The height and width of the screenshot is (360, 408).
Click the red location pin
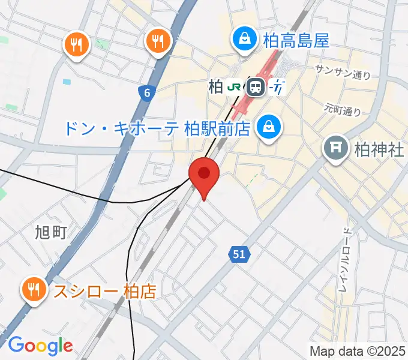pyautogui.click(x=204, y=175)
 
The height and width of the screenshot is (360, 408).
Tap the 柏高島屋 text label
pyautogui.click(x=296, y=41)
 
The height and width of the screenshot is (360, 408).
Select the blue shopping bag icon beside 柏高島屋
pyautogui.click(x=245, y=40)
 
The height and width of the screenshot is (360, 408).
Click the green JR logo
pyautogui.click(x=235, y=88)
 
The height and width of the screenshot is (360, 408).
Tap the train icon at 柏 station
pyautogui.click(x=257, y=88)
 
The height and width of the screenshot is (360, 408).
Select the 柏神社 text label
pyautogui.click(x=379, y=149)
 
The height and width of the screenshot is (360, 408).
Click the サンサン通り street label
pyautogui.click(x=343, y=72)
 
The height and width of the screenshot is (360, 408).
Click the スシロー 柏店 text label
pyautogui.click(x=105, y=292)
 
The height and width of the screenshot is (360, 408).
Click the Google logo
pyautogui.click(x=40, y=345)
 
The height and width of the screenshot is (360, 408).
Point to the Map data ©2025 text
pyautogui.click(x=358, y=350)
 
